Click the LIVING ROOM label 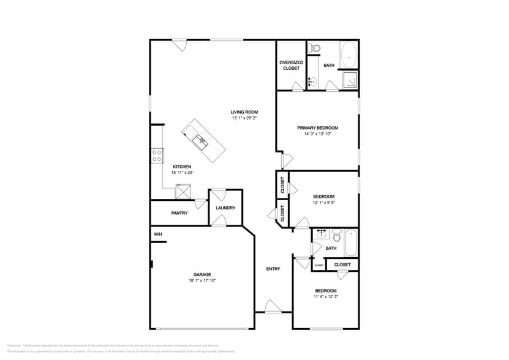click(x=244, y=112)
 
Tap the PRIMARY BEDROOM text click(x=317, y=128)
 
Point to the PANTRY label click(x=179, y=213)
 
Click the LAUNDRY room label click(x=225, y=208)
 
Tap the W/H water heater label click(x=157, y=234)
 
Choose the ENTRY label click(x=273, y=269)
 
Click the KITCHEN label click(x=182, y=167)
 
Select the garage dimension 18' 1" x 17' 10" click(x=202, y=280)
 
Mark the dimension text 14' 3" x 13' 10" click(x=317, y=134)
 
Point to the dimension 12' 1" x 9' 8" click(x=324, y=203)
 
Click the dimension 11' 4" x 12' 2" click(x=325, y=297)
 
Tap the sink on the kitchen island click(x=200, y=140)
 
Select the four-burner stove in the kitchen click(x=157, y=156)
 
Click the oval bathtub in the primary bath click(x=349, y=56)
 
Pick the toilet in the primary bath click(x=314, y=48)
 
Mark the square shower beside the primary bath click(x=350, y=80)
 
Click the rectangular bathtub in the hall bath click(x=351, y=242)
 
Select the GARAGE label click(x=202, y=274)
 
